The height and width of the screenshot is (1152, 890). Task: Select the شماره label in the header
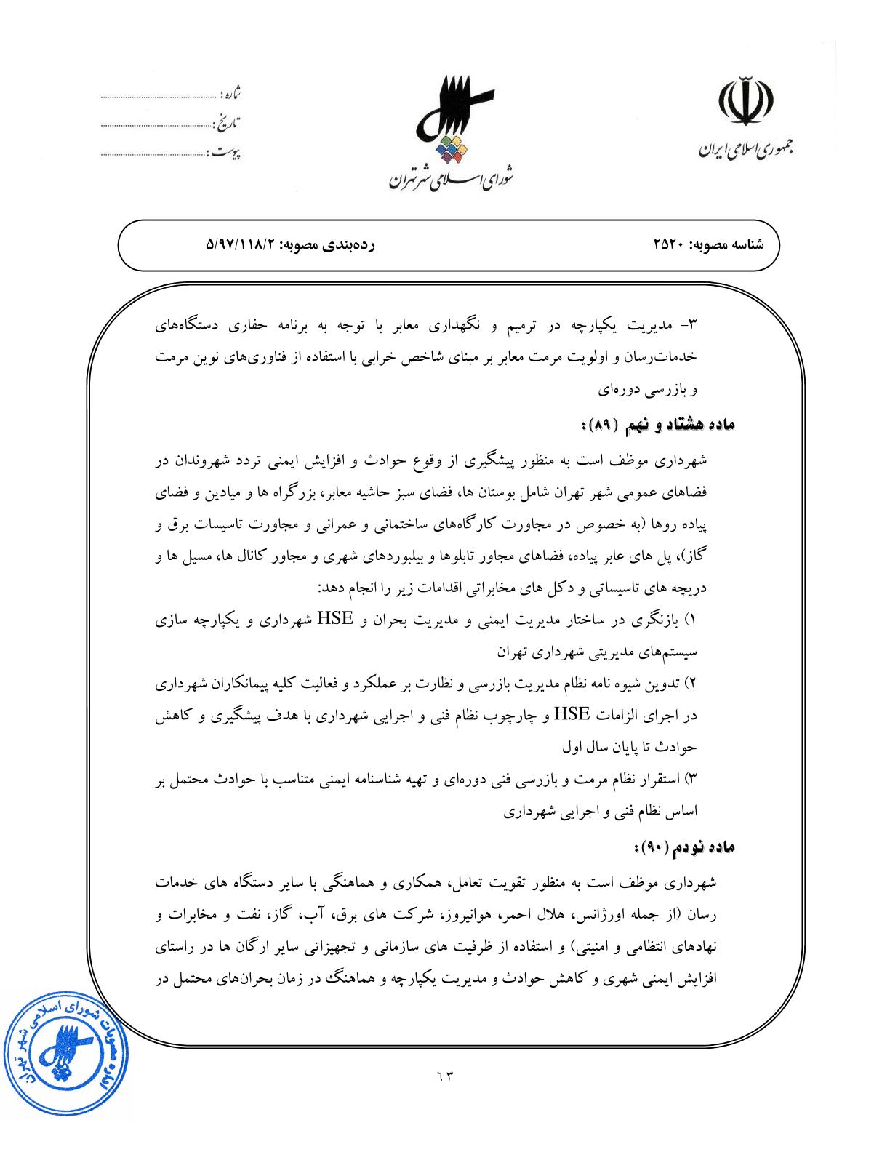click(231, 95)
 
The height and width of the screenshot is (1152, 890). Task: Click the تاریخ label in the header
click(228, 123)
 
